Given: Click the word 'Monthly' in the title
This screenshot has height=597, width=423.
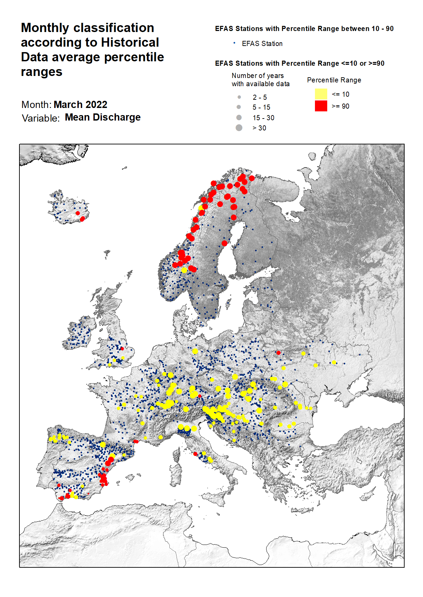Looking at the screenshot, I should (45, 28).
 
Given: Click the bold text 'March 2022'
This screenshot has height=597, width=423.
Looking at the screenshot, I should (80, 105).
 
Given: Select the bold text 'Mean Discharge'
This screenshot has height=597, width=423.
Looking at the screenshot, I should (103, 117).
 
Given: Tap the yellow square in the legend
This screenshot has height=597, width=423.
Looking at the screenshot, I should (321, 94).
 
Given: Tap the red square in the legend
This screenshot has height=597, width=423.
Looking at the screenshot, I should (321, 106).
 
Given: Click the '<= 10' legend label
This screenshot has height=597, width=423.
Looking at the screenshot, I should (340, 94).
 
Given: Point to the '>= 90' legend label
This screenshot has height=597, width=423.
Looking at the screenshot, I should (340, 106).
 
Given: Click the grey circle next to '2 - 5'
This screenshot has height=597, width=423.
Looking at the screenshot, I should (239, 97).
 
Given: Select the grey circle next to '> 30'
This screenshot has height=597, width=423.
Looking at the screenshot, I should (239, 128).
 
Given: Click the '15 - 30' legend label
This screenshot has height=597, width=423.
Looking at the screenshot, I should (263, 118).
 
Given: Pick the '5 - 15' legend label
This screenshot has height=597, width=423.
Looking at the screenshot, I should (261, 107).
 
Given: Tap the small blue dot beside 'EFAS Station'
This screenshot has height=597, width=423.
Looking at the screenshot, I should (234, 43).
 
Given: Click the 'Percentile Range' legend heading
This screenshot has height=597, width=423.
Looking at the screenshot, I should (334, 80).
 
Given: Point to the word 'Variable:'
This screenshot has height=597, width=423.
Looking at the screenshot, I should (41, 118).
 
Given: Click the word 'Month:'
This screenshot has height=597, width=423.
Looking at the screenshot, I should (36, 105).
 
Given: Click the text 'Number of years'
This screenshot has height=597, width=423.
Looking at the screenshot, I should (257, 76).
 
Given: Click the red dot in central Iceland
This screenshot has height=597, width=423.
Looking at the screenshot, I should (78, 213).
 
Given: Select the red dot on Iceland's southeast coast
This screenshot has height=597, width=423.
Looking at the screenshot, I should (82, 219).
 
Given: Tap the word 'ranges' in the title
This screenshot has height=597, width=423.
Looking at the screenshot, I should (41, 72).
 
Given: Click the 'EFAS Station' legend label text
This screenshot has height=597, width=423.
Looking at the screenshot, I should (262, 44).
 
